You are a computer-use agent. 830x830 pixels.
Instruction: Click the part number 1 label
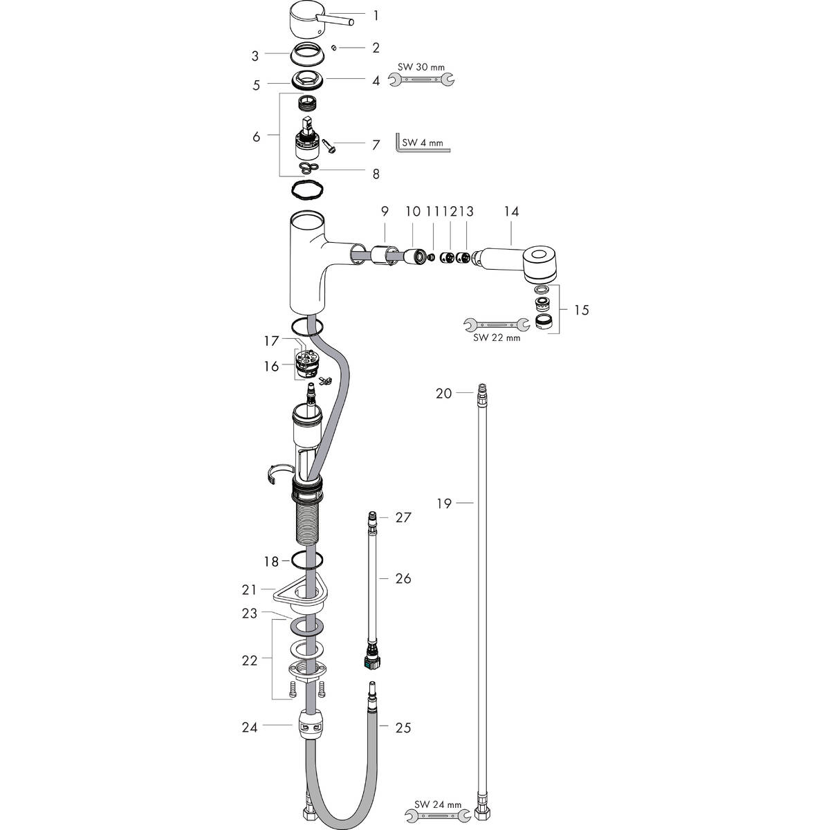pos(376,15)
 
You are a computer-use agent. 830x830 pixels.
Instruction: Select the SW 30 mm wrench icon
pos(422,82)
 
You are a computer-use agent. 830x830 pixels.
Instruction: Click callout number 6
pos(257,137)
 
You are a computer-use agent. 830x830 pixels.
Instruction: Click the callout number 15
pos(582,310)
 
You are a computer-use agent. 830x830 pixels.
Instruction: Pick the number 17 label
pos(270,341)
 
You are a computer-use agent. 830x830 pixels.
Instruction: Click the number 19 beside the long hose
pos(443,504)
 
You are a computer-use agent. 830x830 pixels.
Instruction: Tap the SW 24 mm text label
pos(439,805)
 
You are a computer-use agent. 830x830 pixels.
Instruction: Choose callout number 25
pos(403,728)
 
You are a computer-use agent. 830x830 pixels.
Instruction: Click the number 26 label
pos(403,578)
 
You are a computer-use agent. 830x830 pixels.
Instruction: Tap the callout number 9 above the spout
pos(384,211)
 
